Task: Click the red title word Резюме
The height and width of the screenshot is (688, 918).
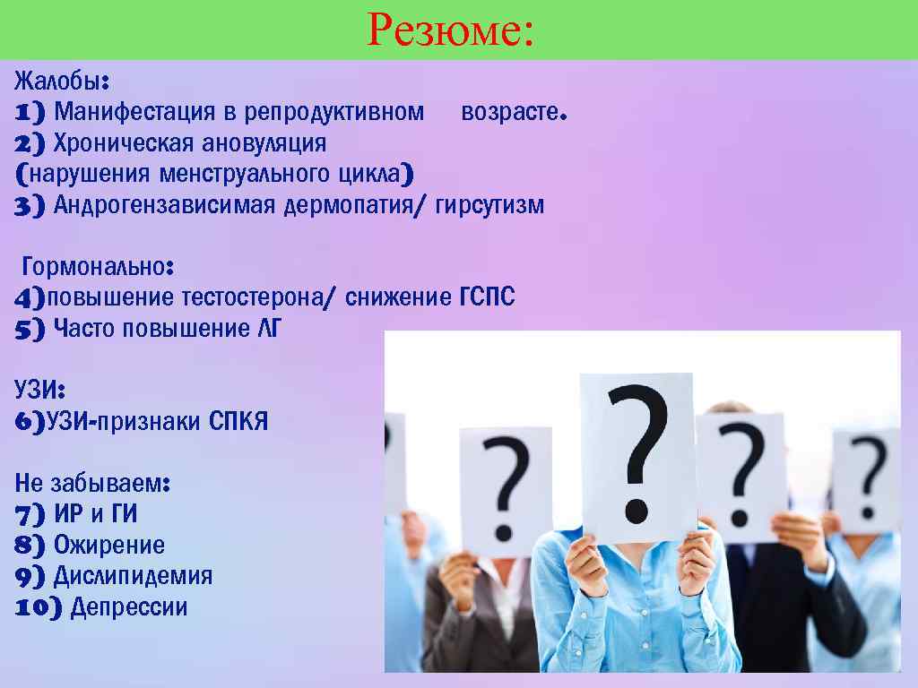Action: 450,31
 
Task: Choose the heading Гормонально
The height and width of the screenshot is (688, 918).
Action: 96,267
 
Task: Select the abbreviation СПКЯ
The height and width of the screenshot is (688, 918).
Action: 238,421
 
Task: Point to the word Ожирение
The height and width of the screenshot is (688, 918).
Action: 109,545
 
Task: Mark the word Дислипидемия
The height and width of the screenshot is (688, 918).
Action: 134,575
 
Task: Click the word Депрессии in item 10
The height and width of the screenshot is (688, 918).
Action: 129,606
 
